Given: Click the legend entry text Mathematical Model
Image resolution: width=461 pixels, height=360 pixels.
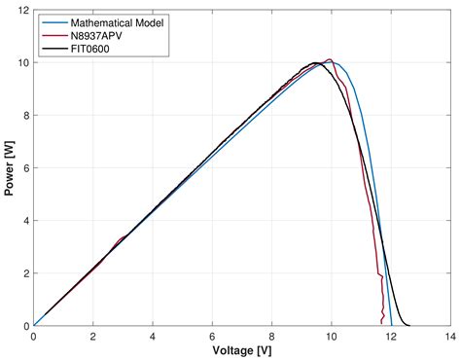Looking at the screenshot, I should click(116, 20).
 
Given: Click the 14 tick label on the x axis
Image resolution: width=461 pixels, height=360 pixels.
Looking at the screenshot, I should click(449, 336).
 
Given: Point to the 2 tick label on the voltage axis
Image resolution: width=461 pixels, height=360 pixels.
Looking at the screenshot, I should click(93, 336).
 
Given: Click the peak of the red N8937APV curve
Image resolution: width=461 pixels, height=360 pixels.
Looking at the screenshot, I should click(330, 59).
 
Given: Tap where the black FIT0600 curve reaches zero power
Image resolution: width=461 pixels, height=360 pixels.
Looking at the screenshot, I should click(409, 325).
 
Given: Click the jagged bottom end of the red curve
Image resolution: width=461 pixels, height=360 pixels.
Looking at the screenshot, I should click(382, 319).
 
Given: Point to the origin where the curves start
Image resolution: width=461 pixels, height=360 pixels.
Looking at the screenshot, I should click(34, 326).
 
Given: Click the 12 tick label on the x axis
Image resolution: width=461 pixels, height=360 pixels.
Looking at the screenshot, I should click(390, 336).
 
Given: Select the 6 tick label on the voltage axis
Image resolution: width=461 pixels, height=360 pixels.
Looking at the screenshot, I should click(212, 336).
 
